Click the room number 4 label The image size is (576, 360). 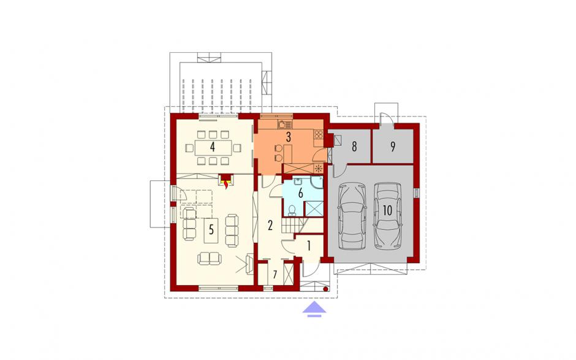(x=213, y=147)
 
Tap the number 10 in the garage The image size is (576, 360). (x=387, y=210)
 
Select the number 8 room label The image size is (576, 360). (x=354, y=147)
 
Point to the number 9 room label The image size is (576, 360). (x=393, y=147)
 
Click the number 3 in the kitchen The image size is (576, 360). (x=289, y=137)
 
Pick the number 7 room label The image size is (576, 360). (x=275, y=274)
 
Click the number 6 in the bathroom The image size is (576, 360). (x=300, y=193)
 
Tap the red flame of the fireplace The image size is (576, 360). (x=225, y=185)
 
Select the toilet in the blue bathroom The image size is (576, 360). (x=292, y=209)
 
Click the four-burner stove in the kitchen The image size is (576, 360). (x=319, y=134)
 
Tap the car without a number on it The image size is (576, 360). (x=352, y=216)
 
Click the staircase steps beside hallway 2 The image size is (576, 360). (x=294, y=225)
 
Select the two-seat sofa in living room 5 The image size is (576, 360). (x=210, y=258)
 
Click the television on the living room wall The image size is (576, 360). (x=251, y=264)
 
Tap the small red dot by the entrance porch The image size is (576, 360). (x=325, y=289)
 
